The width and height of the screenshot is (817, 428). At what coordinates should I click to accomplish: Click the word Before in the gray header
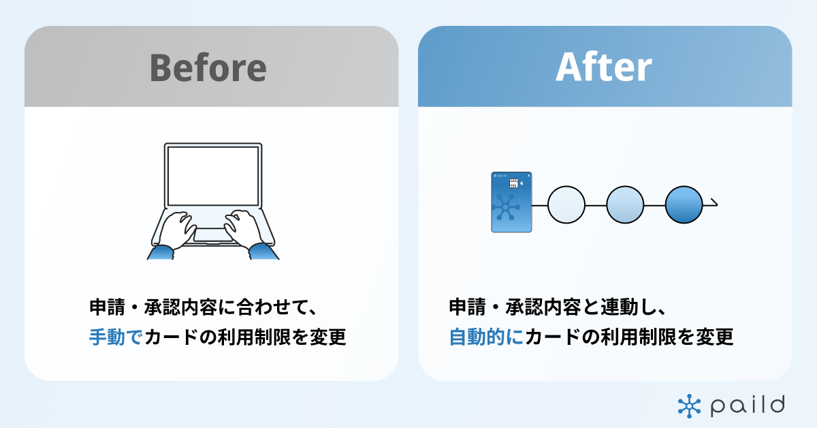pyautogui.click(x=208, y=67)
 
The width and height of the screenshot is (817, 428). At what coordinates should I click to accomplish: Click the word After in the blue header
pyautogui.click(x=604, y=67)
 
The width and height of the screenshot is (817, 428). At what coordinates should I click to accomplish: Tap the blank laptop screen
pyautogui.click(x=212, y=175)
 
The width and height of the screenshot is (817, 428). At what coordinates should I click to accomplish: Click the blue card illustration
pyautogui.click(x=511, y=202)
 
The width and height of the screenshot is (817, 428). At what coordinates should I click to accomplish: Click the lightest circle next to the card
pyautogui.click(x=566, y=205)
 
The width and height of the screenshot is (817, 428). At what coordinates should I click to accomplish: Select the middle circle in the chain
pyautogui.click(x=625, y=205)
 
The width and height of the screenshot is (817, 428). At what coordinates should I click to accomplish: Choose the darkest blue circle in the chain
pyautogui.click(x=684, y=205)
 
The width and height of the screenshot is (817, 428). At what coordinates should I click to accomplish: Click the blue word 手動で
pyautogui.click(x=115, y=337)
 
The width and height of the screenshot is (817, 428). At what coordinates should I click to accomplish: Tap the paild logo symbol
pyautogui.click(x=688, y=406)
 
